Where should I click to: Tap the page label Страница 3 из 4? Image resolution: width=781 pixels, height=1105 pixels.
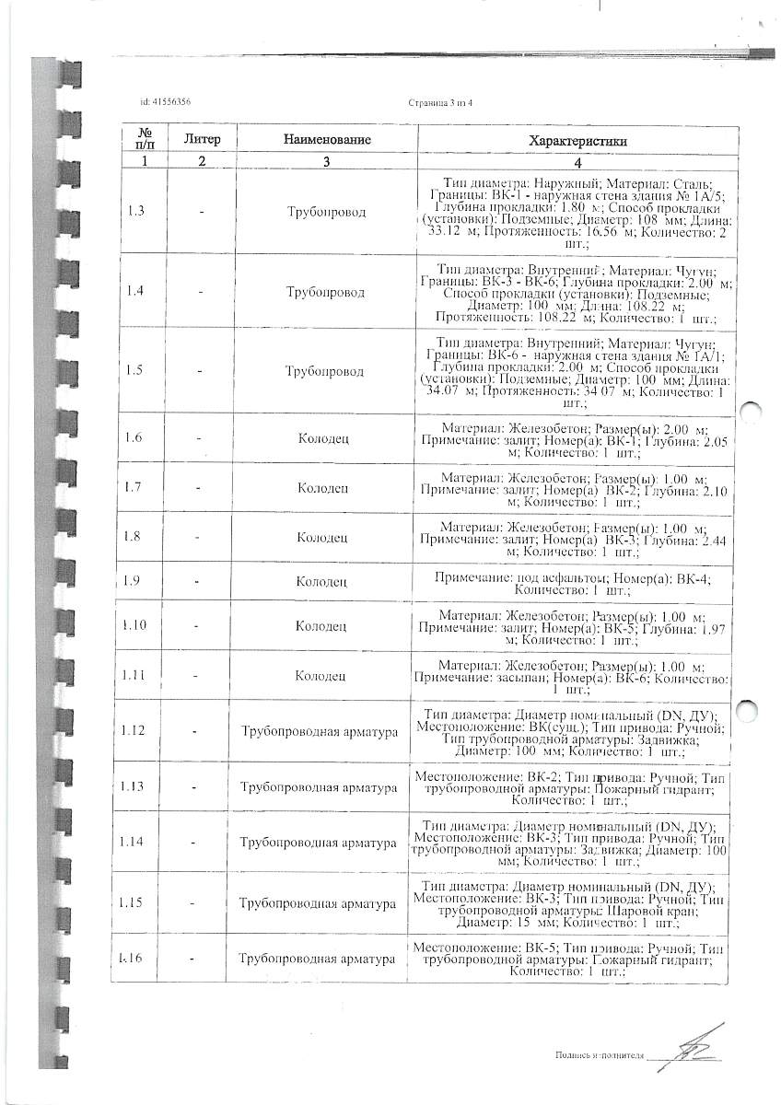pos(439,102)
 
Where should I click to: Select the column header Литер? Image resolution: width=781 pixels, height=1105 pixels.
pos(203,139)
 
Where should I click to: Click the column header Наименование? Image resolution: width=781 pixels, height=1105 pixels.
pos(327,140)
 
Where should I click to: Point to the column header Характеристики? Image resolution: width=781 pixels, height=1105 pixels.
pos(577,141)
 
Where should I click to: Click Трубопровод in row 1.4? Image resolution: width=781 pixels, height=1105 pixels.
pos(326,292)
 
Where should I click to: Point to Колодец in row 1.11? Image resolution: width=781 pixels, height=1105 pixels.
pos(321,676)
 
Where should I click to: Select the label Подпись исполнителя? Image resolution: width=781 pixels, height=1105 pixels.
pos(599,1055)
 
